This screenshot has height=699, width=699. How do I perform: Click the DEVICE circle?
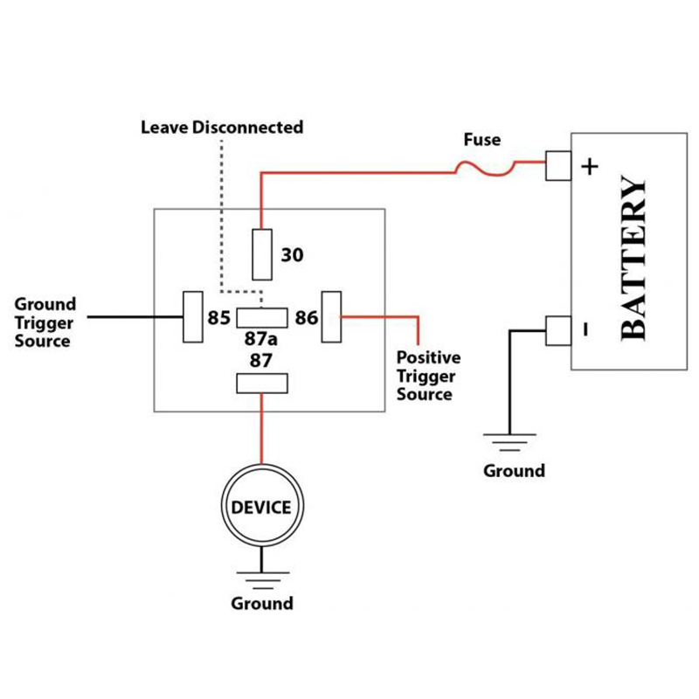(261, 507)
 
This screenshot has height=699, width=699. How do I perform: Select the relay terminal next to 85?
(193, 316)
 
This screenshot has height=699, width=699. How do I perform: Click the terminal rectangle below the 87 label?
(262, 383)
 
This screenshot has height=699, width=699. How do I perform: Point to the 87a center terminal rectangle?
(262, 317)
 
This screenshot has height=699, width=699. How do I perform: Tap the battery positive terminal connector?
(557, 165)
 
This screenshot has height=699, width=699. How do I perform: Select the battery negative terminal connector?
(557, 329)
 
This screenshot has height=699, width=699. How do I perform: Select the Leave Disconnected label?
(222, 128)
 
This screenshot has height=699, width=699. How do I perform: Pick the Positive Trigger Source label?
(428, 376)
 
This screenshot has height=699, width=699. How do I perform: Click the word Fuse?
(481, 139)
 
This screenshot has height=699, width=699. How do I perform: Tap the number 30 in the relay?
(292, 255)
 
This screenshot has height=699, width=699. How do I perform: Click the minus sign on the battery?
(585, 330)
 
